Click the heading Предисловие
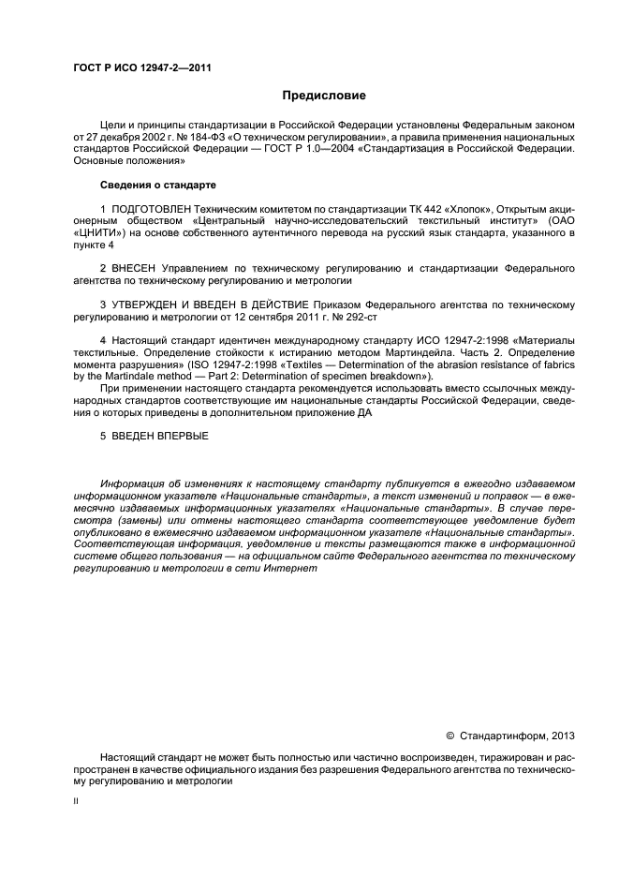[x=325, y=96]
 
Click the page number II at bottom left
[x=76, y=802]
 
